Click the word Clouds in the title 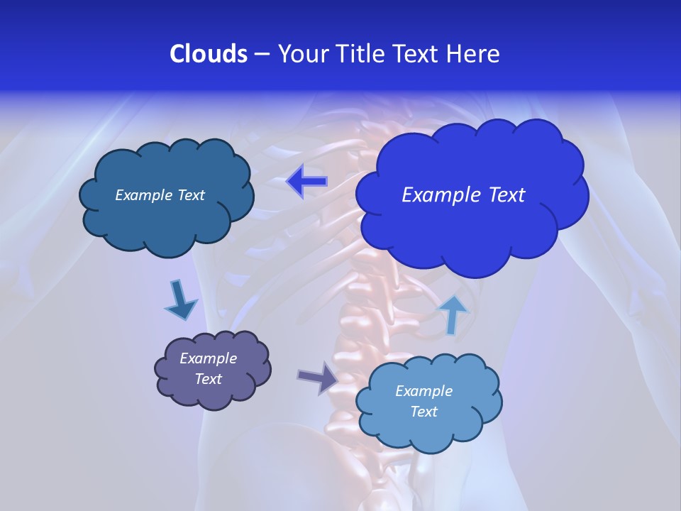208,54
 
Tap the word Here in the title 473,54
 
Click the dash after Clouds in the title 262,54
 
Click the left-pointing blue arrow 306,182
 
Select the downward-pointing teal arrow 181,300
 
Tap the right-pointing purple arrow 319,378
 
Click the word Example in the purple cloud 208,358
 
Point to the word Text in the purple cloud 208,379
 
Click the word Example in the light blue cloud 423,391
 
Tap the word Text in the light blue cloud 423,412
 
